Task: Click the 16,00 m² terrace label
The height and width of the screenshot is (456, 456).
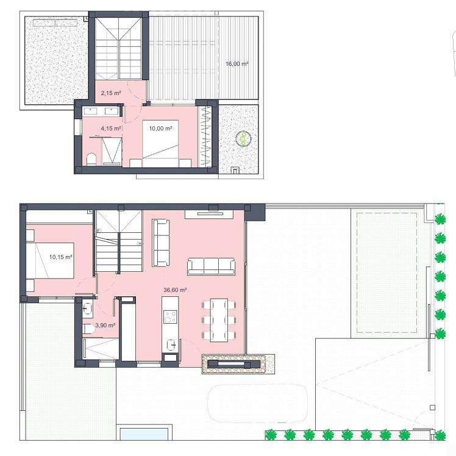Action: [237, 63]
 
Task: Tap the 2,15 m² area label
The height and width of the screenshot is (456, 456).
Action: [111, 93]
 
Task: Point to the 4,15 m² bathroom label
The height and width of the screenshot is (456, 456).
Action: [111, 129]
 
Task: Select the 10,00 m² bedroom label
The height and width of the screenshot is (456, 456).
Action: [161, 129]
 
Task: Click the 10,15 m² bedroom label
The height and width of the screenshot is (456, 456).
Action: [61, 257]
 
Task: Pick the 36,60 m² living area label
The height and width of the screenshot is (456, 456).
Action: [175, 291]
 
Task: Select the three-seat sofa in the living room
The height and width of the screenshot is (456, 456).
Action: [211, 266]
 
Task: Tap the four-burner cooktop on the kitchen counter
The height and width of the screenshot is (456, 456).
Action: [170, 317]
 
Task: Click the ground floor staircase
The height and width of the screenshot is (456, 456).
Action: [119, 244]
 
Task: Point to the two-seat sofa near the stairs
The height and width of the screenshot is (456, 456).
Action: [160, 242]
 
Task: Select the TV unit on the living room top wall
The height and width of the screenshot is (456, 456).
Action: [208, 213]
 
